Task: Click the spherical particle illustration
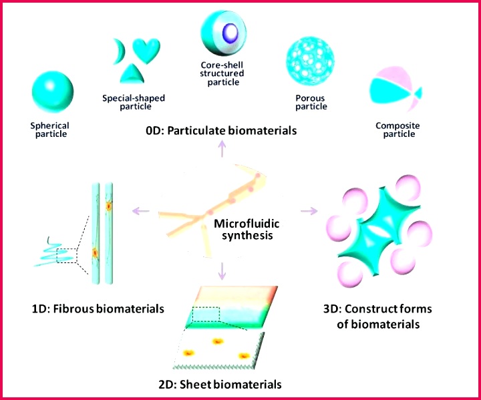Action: coord(50,94)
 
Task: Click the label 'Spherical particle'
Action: coord(49,130)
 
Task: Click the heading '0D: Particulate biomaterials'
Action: coord(221,132)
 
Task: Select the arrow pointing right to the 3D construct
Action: coord(308,212)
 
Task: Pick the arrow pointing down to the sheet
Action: coord(224,271)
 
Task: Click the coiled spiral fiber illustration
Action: coord(57,254)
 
